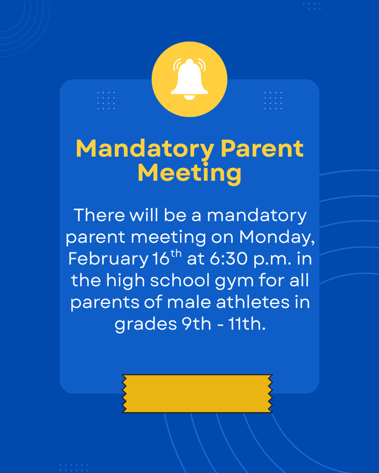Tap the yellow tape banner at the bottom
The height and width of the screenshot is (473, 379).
[197, 393]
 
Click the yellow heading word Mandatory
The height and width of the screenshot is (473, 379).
[144, 148]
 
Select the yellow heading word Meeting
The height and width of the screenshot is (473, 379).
[189, 173]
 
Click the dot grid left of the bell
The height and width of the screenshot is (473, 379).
[106, 100]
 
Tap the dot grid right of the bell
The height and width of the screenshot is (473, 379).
[273, 100]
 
